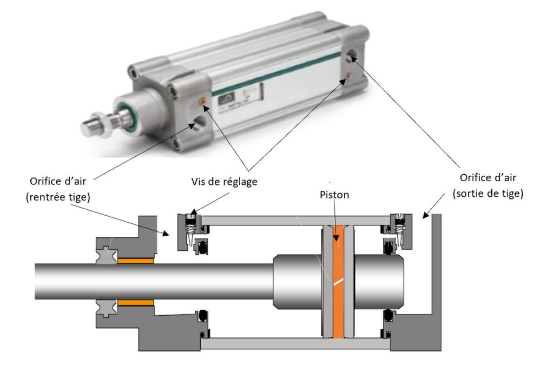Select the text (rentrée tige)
57,198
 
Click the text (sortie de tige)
487,193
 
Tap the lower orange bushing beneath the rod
136,303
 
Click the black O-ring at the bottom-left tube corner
202,335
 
